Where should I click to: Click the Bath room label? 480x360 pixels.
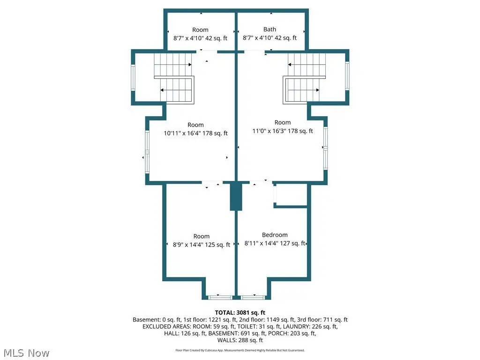click(x=270, y=30)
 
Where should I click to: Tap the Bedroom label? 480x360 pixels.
click(x=275, y=235)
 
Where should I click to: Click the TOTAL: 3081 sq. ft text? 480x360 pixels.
click(x=240, y=313)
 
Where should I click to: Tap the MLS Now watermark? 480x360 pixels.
click(x=26, y=353)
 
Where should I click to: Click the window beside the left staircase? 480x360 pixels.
click(x=133, y=77)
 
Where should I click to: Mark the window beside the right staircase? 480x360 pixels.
click(x=347, y=75)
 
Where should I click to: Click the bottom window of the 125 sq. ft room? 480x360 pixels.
click(x=220, y=298)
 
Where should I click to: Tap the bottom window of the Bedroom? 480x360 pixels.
click(x=253, y=298)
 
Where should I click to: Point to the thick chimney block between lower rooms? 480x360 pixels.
click(x=236, y=197)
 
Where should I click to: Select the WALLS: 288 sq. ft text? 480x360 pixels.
click(x=240, y=340)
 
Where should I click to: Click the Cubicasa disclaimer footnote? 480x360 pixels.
click(x=240, y=350)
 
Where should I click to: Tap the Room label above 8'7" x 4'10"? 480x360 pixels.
click(x=200, y=30)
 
